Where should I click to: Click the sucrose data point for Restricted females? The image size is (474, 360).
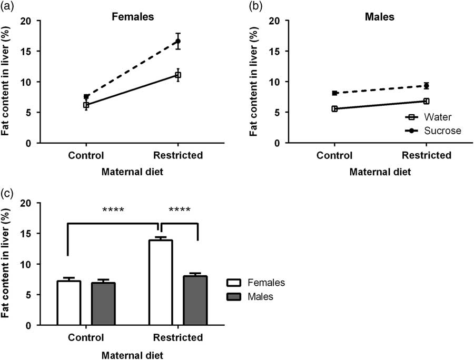click(x=178, y=41)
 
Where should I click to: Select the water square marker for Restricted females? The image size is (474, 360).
click(x=178, y=75)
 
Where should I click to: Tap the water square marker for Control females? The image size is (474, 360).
click(x=86, y=105)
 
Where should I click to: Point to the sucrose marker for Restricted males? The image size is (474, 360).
click(x=427, y=86)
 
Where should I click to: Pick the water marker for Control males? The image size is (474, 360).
click(x=334, y=109)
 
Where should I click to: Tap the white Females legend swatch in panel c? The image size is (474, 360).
click(x=236, y=283)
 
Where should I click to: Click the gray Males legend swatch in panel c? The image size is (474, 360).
click(x=236, y=296)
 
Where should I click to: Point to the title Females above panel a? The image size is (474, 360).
click(x=132, y=17)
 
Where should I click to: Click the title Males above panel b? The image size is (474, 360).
click(x=380, y=17)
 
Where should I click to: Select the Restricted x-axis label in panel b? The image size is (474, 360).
click(x=427, y=156)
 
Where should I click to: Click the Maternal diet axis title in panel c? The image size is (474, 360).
click(x=133, y=354)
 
